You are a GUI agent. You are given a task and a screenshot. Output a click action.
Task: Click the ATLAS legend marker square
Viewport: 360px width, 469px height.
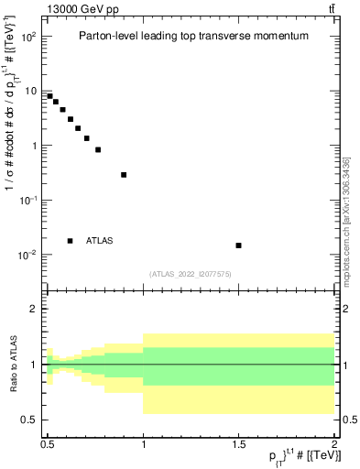(71, 241)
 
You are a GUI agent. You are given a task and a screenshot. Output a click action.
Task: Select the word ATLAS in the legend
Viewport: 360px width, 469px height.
(100, 241)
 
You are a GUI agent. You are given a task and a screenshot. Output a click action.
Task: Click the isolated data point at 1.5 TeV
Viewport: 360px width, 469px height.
(238, 245)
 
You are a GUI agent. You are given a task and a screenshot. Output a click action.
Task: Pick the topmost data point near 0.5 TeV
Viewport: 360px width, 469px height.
(49, 96)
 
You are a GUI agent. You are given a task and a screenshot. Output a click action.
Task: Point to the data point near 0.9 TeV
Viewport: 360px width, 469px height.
(124, 175)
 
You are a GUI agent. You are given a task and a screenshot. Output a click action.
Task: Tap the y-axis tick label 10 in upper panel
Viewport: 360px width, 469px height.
(30, 91)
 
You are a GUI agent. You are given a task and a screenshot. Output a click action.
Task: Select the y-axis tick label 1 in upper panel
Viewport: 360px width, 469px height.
(33, 146)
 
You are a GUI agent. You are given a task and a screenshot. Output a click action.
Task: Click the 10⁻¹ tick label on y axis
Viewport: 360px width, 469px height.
(27, 200)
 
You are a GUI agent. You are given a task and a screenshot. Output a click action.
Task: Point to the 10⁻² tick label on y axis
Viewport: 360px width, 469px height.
(27, 254)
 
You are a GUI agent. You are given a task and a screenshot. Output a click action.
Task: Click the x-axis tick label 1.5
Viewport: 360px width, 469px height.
(238, 444)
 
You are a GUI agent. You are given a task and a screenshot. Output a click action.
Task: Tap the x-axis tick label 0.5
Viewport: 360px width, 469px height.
(48, 444)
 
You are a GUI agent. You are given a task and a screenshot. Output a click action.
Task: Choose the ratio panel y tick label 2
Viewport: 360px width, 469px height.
(34, 310)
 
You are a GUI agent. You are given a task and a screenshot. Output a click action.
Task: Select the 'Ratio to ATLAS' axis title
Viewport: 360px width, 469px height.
(14, 365)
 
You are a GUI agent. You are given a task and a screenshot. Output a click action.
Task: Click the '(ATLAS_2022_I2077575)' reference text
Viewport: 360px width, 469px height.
(191, 273)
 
